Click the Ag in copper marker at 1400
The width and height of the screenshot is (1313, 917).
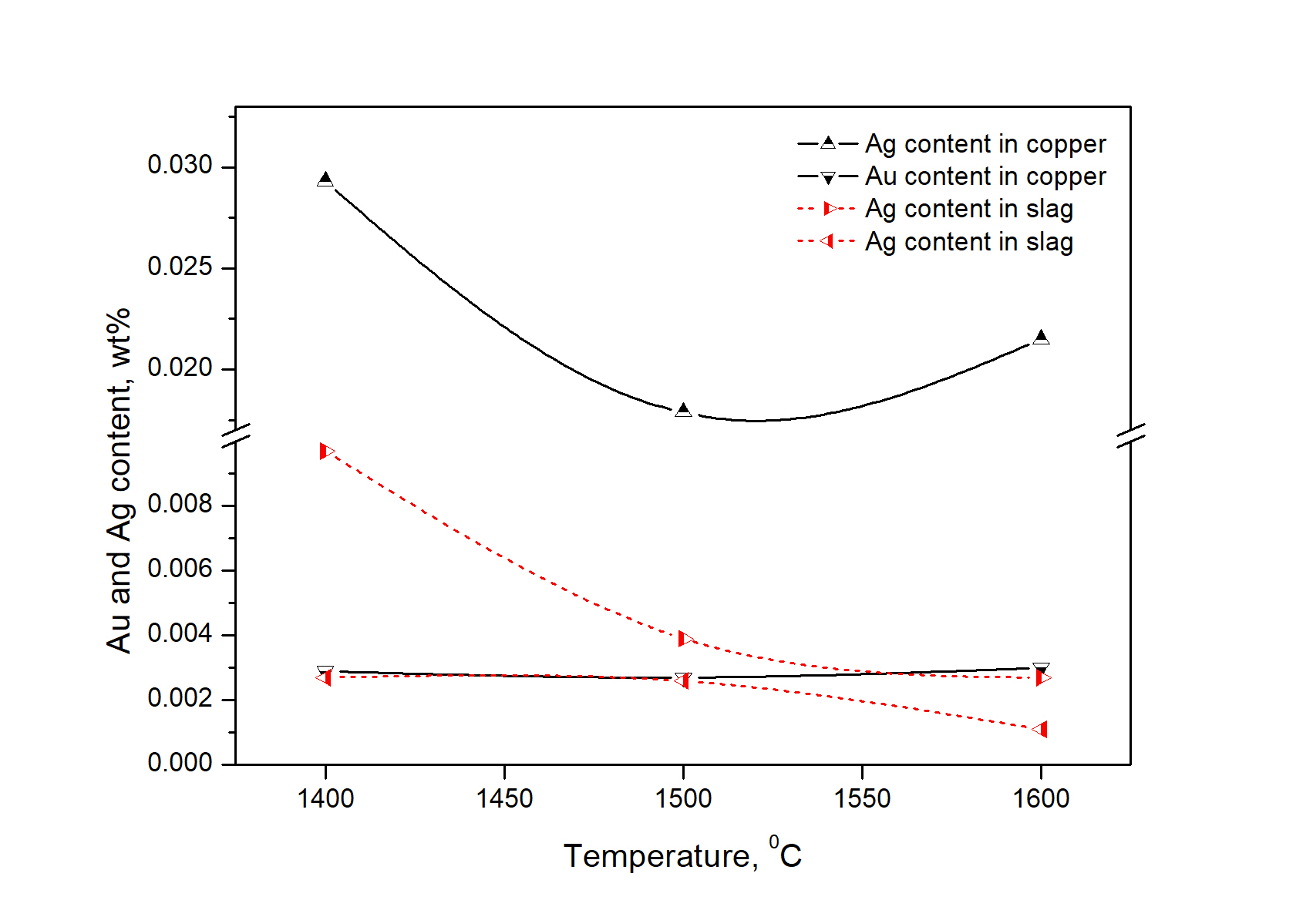point(325,180)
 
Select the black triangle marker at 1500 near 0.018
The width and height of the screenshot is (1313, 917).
point(683,410)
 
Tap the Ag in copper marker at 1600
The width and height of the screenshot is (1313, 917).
point(1041,337)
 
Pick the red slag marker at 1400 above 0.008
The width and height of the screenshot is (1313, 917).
point(327,451)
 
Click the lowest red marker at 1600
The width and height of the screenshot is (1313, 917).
point(1041,729)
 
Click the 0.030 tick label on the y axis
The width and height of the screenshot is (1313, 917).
point(180,165)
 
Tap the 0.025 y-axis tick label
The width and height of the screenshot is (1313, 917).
point(180,267)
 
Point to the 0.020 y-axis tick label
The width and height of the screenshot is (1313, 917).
point(180,368)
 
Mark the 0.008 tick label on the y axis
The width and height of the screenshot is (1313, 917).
point(180,504)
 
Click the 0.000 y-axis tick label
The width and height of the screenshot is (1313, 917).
point(180,763)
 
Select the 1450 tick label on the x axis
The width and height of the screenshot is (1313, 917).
point(504,798)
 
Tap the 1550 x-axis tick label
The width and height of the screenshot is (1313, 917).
point(862,798)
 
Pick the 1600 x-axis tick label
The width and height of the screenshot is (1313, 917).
point(1041,798)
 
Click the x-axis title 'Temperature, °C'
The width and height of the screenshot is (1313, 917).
point(682,855)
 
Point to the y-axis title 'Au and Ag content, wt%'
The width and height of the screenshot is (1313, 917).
point(120,481)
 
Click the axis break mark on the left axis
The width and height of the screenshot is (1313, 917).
point(236,435)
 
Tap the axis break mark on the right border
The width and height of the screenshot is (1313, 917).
point(1130,435)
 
